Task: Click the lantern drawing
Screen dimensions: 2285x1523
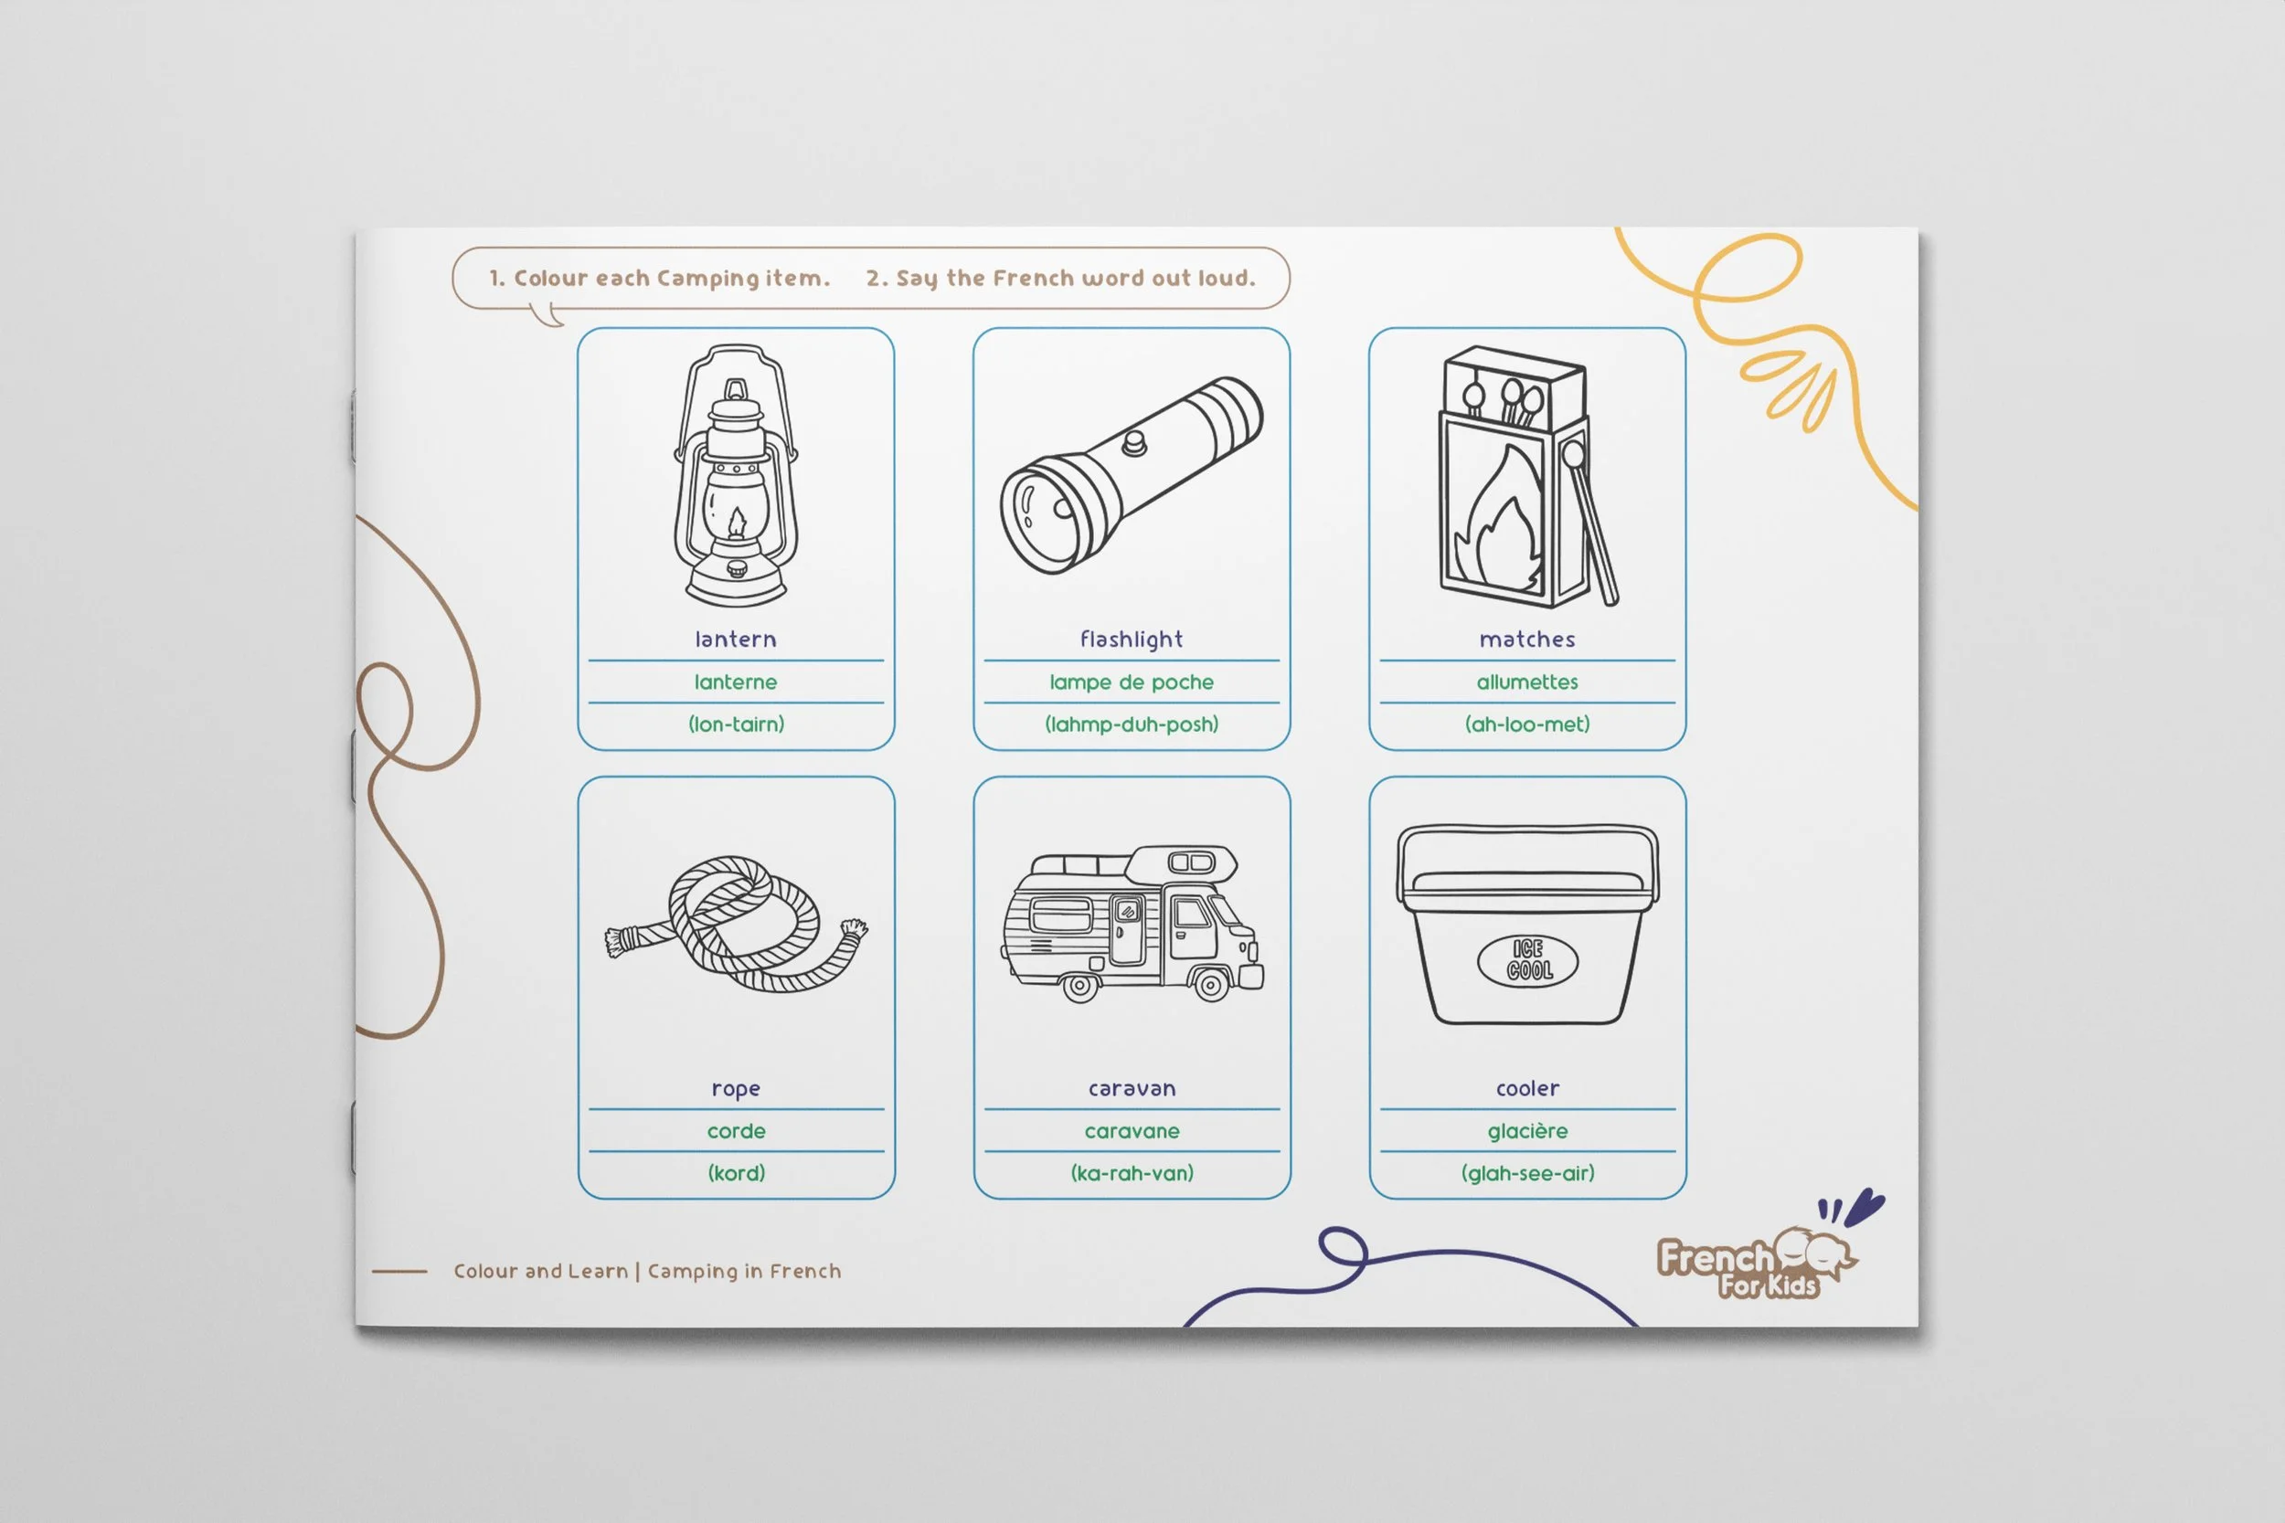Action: coord(736,475)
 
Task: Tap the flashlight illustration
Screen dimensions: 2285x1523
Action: coord(1132,475)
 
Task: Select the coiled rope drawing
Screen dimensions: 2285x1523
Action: coord(736,924)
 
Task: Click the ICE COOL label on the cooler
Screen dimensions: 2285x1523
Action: coord(1527,959)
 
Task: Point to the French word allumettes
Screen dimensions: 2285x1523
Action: coord(1527,682)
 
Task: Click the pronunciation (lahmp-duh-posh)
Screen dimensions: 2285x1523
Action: coord(1132,724)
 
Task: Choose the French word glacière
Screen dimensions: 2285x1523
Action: coord(1527,1130)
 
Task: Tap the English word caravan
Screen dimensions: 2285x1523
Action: coord(1132,1089)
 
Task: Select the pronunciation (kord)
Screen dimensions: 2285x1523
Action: coord(737,1173)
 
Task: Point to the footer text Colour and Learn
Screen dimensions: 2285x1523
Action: coord(540,1271)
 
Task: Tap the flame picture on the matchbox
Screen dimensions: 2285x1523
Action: coord(1500,519)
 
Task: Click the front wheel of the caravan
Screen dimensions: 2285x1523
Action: coord(1211,986)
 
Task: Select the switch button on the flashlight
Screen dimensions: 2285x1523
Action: coord(1133,443)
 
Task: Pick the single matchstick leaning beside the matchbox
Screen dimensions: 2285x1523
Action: coord(1589,524)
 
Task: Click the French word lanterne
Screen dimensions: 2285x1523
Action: coord(736,682)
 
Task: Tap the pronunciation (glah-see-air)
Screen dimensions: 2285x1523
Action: coord(1527,1173)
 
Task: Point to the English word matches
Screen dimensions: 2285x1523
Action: coord(1527,640)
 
